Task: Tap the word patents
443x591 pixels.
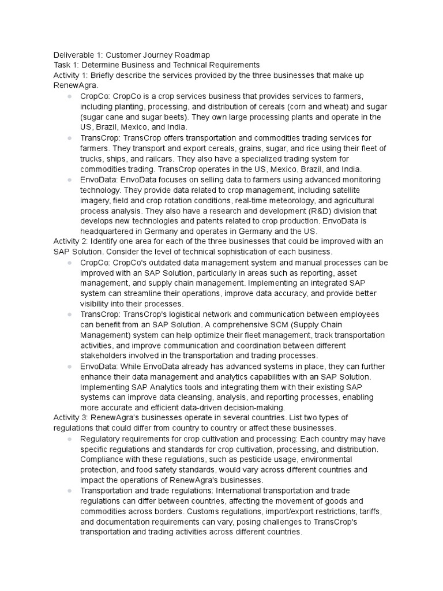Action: (204, 221)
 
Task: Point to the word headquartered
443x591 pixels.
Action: (110, 231)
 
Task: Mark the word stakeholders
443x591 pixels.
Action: (106, 356)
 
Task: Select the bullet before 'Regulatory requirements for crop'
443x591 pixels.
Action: (69, 439)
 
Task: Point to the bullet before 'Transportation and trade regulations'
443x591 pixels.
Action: (69, 491)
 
